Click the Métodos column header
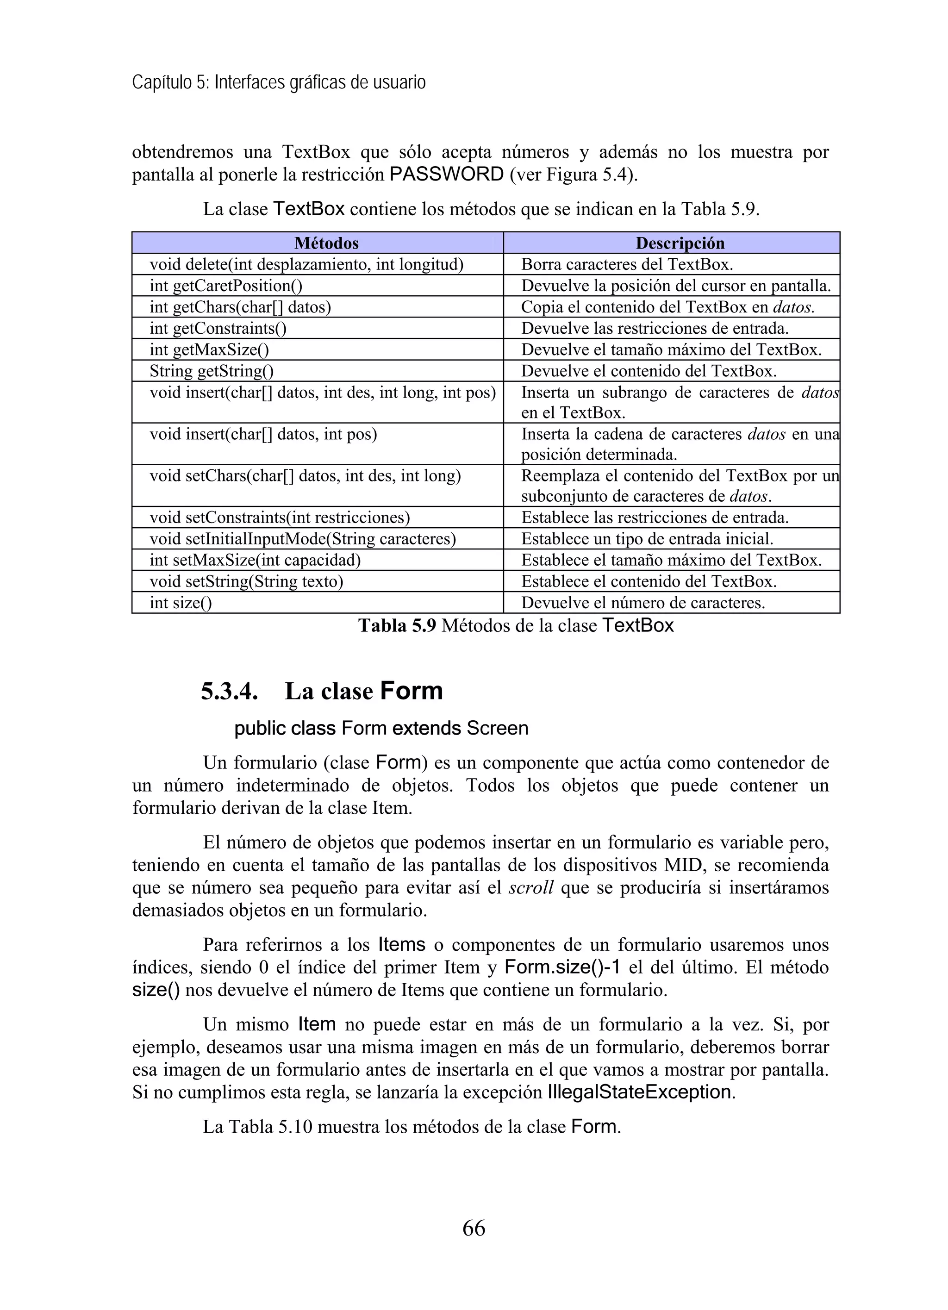click(326, 243)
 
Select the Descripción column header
click(680, 243)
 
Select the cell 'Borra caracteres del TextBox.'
click(627, 264)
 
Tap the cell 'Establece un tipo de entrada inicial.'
click(647, 539)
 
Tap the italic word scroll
click(531, 888)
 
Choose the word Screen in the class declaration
click(498, 728)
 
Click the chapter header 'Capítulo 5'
click(170, 82)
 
